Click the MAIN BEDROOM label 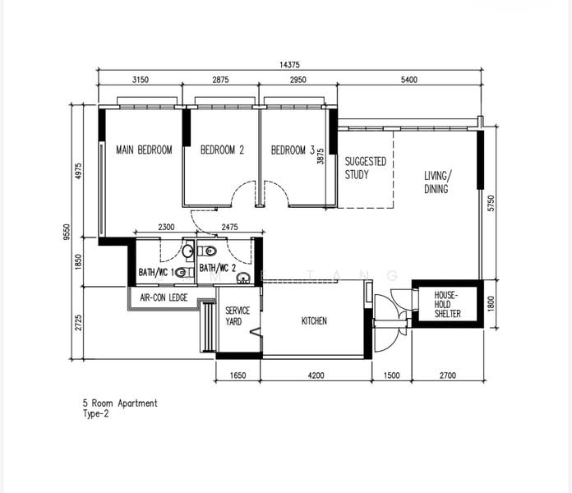point(144,150)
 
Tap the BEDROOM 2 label point(222,150)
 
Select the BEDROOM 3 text point(293,150)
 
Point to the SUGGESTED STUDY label point(366,168)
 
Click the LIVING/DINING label point(437,182)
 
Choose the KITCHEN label point(314,321)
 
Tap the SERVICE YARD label point(238,316)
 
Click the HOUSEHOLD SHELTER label point(447,305)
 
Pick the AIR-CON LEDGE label point(164,298)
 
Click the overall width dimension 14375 point(289,65)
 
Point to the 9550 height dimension point(67,232)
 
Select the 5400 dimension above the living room point(409,80)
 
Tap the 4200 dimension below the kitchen point(316,376)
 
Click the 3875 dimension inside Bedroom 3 point(321,156)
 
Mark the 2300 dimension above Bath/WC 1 point(166,227)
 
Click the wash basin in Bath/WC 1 point(188,251)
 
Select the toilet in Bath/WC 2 point(207,251)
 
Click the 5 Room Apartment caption point(120,403)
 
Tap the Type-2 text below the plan point(95,414)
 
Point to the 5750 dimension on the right point(491,204)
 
